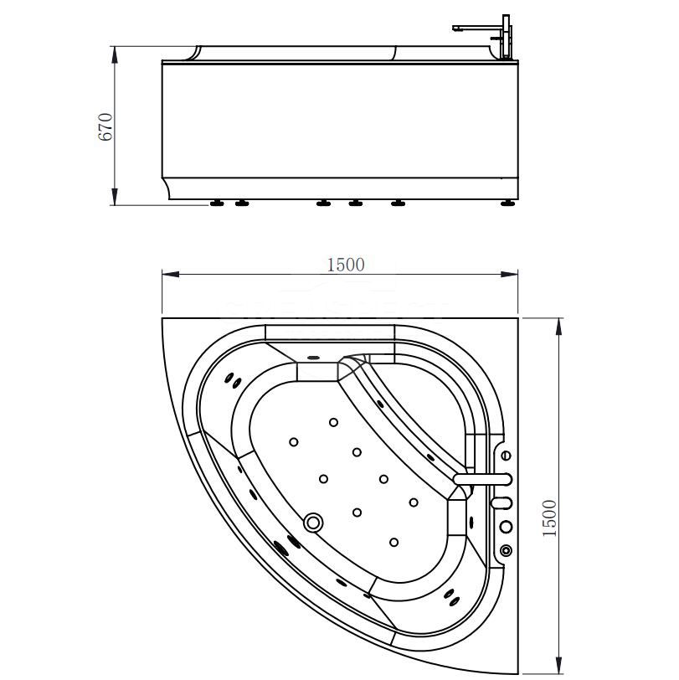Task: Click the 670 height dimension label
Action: pyautogui.click(x=105, y=126)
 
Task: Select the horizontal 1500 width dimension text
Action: pyautogui.click(x=345, y=264)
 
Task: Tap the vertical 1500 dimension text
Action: pyautogui.click(x=549, y=519)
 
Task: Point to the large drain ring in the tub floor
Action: pyautogui.click(x=314, y=523)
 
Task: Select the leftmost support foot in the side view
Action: pyautogui.click(x=219, y=203)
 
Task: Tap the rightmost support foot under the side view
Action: pyautogui.click(x=508, y=203)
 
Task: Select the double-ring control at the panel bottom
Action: pyautogui.click(x=506, y=550)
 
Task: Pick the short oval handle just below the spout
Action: pyautogui.click(x=501, y=502)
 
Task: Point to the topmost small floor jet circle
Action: pyautogui.click(x=333, y=422)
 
